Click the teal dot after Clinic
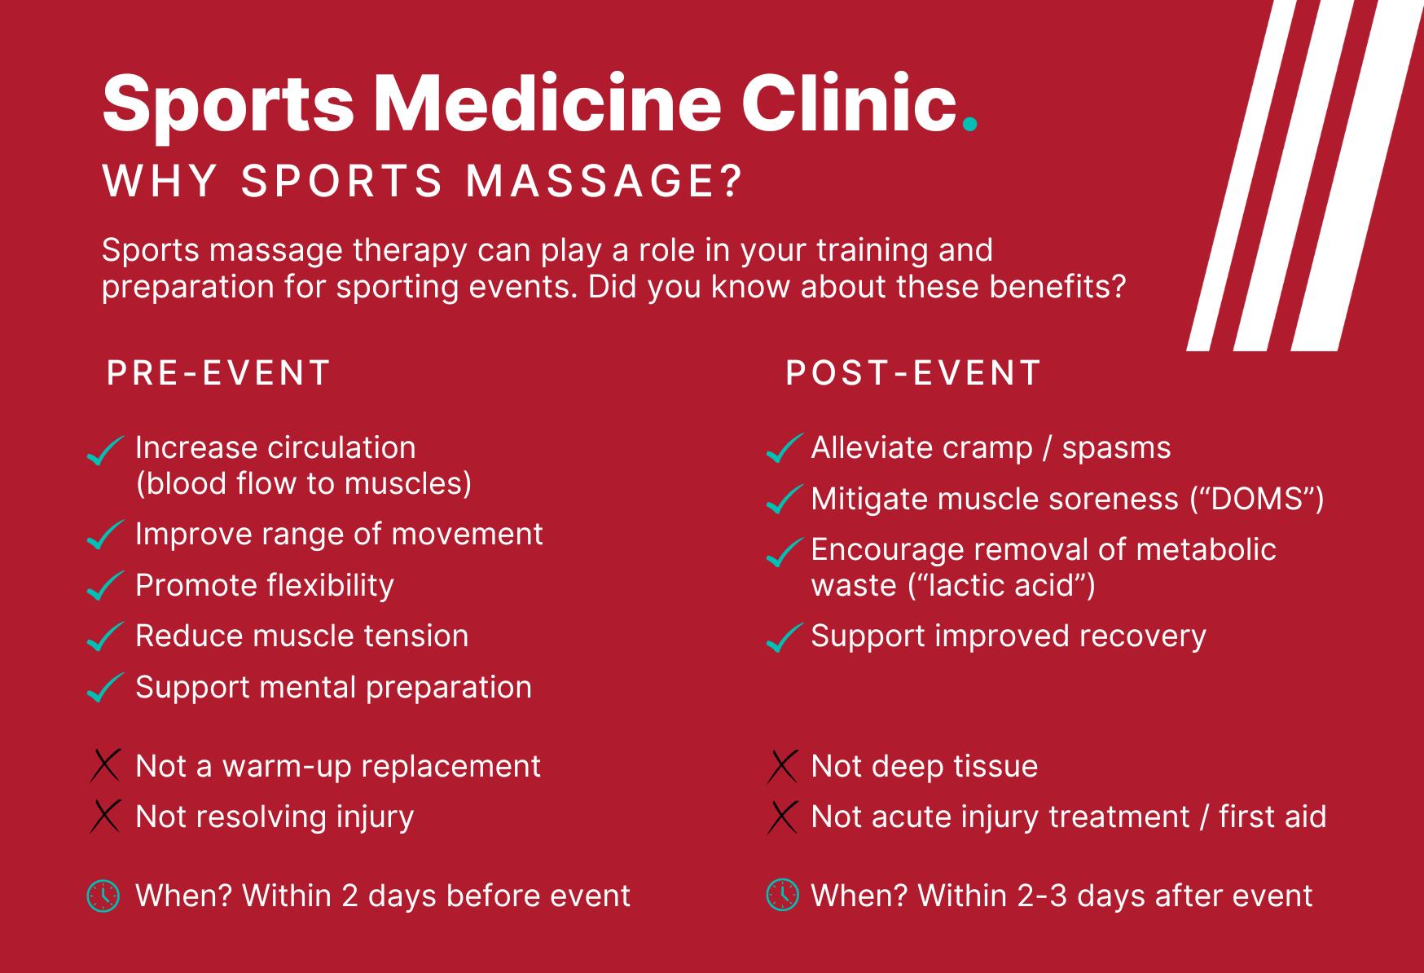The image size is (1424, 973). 969,125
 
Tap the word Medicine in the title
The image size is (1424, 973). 547,103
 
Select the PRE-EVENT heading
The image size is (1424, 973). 218,373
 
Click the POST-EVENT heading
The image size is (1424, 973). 913,373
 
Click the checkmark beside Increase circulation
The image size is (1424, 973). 105,451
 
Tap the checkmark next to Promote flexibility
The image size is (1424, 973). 105,586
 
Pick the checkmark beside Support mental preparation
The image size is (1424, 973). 105,688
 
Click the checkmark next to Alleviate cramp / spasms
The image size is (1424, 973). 784,448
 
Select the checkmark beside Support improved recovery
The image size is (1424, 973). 784,637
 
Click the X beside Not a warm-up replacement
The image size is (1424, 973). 105,766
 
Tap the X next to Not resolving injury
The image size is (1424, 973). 105,817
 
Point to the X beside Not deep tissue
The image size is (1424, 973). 782,766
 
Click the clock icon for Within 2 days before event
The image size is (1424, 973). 103,896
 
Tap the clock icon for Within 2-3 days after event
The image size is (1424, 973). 782,895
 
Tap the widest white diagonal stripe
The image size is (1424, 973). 1356,175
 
